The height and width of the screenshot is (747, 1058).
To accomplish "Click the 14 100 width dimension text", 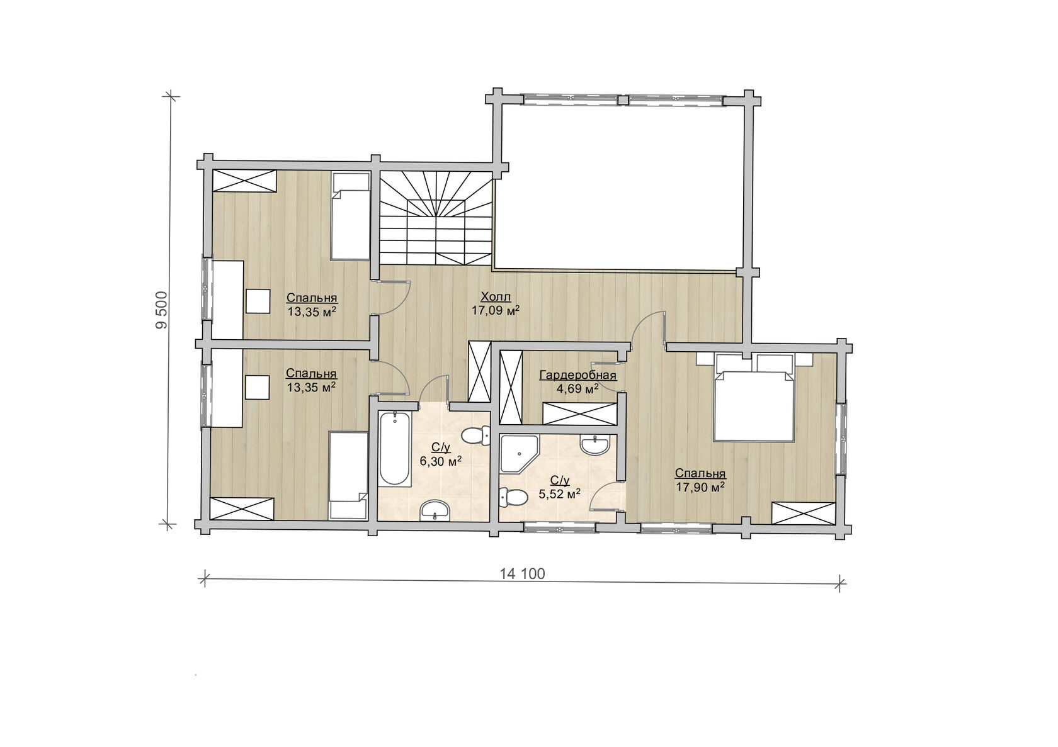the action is [522, 574].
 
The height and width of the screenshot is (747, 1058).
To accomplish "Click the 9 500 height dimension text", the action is [162, 310].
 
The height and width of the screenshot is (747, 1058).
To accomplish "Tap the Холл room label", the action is [496, 297].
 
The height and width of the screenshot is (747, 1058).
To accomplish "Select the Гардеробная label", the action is [577, 376].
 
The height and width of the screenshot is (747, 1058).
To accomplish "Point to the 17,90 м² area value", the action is [700, 487].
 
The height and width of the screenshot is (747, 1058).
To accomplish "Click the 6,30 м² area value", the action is [441, 461].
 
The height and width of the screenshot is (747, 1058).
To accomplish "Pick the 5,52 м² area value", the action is [560, 494].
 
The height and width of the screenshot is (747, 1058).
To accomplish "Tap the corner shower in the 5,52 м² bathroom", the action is [520, 454].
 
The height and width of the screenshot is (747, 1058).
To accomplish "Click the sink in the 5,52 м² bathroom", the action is [595, 446].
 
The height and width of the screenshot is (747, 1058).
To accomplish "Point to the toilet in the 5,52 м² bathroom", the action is [513, 498].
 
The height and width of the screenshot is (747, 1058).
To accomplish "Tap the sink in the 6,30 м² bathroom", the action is [435, 510].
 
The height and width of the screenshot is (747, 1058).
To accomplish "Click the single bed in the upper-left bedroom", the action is [350, 216].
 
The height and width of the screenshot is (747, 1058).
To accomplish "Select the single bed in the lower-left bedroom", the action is [349, 475].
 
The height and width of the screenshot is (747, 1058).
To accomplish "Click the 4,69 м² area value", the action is [577, 390].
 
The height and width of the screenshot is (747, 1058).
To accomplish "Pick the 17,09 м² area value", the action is [496, 310].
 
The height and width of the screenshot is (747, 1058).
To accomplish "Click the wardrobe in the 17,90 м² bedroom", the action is [804, 513].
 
